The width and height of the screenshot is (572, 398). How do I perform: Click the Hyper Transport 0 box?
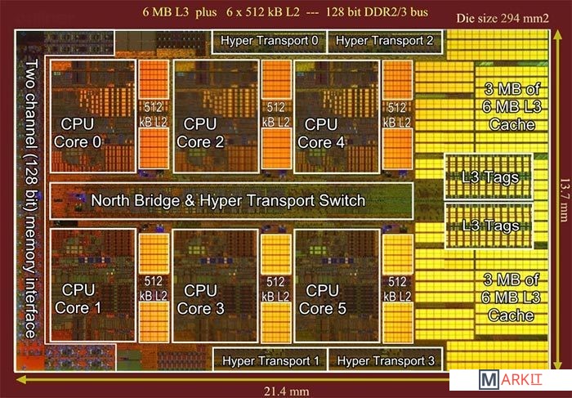pos(269,40)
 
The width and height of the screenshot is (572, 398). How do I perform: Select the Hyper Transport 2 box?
pos(384,40)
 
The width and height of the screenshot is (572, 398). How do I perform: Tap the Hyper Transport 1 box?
pos(269,360)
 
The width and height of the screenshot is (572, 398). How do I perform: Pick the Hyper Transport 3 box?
pos(384,360)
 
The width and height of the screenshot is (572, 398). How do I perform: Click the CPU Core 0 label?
pos(78,132)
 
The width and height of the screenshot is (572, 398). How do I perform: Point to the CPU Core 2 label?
pos(200,132)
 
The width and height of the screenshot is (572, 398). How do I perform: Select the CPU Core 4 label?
pos(321,132)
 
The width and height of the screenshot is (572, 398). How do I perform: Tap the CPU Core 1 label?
pos(78,299)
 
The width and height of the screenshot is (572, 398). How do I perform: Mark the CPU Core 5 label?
pos(321,299)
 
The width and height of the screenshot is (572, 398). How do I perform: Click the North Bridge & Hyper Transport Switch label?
pos(228,200)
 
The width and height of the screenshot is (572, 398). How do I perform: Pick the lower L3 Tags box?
pos(488,224)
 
